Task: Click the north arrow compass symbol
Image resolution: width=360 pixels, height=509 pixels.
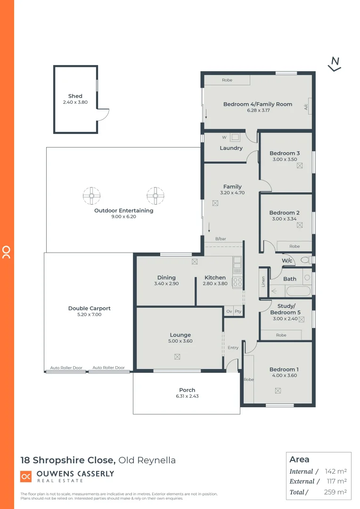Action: [335, 64]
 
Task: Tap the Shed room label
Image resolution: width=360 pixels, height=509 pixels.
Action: [75, 96]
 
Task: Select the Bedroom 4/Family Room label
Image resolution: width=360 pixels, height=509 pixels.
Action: [257, 104]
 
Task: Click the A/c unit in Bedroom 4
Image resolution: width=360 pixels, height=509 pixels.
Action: [306, 107]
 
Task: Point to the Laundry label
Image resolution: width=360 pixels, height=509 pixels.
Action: [231, 148]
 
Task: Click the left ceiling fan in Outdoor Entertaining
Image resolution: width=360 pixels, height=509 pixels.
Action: [91, 195]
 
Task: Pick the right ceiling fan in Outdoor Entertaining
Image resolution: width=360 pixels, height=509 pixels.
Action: [155, 195]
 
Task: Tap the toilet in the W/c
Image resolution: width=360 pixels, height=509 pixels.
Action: [305, 260]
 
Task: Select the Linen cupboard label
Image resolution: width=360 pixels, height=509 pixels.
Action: [263, 282]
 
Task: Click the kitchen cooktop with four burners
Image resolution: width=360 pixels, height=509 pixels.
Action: [237, 282]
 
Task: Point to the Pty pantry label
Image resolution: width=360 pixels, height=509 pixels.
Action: [238, 312]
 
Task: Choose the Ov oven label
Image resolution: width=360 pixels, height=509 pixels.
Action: [229, 312]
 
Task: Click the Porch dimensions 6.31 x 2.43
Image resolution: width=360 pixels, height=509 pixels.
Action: [187, 396]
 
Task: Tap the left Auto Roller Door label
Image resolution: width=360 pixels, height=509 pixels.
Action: [66, 368]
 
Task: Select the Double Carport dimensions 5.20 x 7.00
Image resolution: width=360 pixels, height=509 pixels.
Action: [90, 314]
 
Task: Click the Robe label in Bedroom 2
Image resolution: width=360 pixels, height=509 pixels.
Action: [295, 246]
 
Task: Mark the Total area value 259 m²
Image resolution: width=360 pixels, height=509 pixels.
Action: [336, 492]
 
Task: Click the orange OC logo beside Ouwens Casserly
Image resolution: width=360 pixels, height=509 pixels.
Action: [26, 476]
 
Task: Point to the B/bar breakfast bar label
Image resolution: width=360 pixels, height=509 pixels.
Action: [221, 239]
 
